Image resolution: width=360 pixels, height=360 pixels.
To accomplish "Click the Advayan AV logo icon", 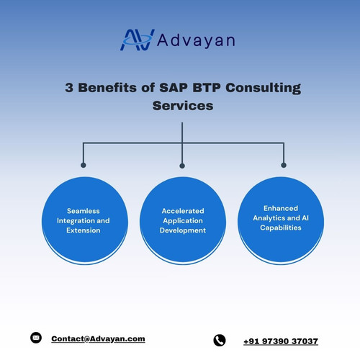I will pos(137,40).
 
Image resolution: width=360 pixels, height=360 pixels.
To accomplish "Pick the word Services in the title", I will pos(183,106).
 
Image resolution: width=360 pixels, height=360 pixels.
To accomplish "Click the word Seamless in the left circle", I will pos(84,211).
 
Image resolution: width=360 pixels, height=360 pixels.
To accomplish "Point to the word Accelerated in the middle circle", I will pos(183,211).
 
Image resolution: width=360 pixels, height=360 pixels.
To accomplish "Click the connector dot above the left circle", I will pos(84,166).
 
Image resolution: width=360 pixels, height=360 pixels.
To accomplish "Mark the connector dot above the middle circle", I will pos(182,166).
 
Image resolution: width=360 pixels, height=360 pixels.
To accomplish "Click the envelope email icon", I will pos(36,338).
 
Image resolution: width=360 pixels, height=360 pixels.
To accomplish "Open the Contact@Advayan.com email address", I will pos(98,338).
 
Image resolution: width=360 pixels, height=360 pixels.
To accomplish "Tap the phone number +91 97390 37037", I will pos(280,341).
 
